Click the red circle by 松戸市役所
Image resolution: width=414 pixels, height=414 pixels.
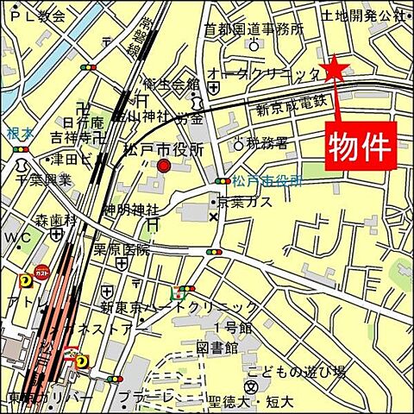(x=164, y=166)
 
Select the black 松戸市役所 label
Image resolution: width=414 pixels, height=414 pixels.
(x=164, y=149)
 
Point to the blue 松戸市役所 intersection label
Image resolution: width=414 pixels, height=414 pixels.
(x=267, y=181)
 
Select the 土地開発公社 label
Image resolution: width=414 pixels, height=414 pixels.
(x=361, y=15)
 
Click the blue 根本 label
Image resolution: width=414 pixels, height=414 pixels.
(x=19, y=134)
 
